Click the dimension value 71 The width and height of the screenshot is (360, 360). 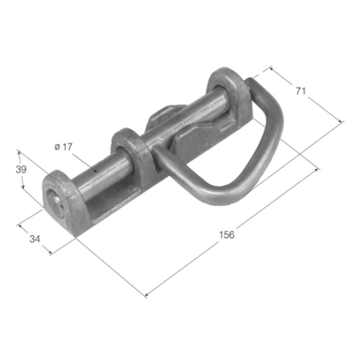coord(300,91)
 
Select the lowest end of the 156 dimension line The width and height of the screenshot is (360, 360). coord(147,296)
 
